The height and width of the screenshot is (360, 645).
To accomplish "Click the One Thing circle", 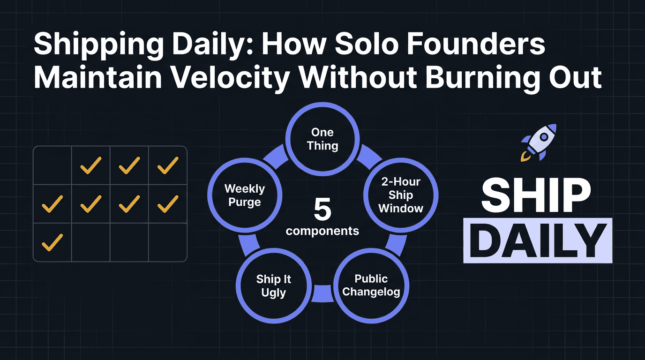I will coord(322,139).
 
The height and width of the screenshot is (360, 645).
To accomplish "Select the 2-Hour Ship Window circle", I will coord(401,195).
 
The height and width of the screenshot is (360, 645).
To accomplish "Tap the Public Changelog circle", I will coord(371,285).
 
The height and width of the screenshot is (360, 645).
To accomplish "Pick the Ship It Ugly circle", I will coord(274,286).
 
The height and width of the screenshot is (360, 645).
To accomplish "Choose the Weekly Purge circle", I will coord(244,195).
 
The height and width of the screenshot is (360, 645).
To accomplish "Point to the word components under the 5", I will coord(322,231).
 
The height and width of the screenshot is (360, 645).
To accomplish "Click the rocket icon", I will coord(539,142).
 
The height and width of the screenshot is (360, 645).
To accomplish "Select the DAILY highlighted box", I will coord(538,240).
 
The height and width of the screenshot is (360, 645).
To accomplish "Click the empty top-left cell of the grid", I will coord(52,165).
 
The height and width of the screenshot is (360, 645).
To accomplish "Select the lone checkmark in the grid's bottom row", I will coord(52,242).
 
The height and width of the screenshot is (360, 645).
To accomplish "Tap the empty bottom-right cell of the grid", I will coord(167,242).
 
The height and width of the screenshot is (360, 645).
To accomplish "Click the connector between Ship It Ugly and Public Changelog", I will coord(322,293).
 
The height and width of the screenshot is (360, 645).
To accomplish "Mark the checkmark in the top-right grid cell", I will coord(167,165).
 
